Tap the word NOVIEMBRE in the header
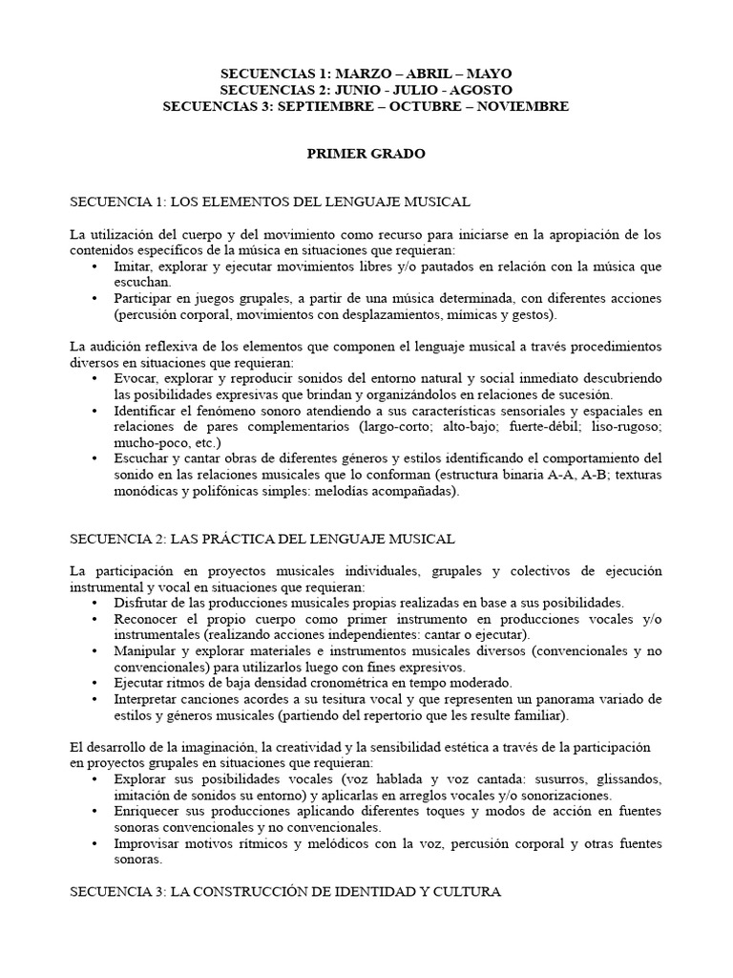[521, 106]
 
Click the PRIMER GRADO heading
[366, 153]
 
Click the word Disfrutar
[140, 603]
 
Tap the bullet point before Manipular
[94, 651]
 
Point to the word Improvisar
[146, 844]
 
